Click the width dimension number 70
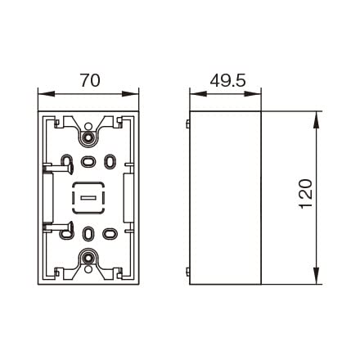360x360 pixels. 90,80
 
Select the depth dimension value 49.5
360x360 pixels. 227,80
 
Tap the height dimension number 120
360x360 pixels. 306,194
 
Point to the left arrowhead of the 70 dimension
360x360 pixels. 47,93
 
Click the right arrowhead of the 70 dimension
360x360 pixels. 130,93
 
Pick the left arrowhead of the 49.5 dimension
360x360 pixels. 198,93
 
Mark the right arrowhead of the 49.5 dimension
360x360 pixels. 253,93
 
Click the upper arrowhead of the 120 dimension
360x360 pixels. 316,120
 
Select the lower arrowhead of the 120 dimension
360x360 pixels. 316,276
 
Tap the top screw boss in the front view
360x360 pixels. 88,137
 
